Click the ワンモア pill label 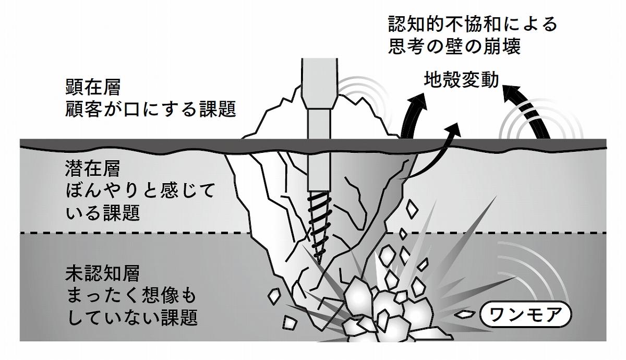[x=525, y=315]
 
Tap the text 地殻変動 [x=461, y=79]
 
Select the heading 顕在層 [x=93, y=87]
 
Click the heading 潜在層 [x=93, y=169]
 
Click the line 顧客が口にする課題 [x=151, y=109]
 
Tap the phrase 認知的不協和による [x=473, y=24]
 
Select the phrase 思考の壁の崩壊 [x=455, y=46]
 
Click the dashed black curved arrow [x=525, y=112]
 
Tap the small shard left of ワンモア [x=465, y=314]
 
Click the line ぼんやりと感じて [x=140, y=191]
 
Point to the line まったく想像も [x=131, y=295]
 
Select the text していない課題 [x=132, y=317]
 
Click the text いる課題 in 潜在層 [x=103, y=213]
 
